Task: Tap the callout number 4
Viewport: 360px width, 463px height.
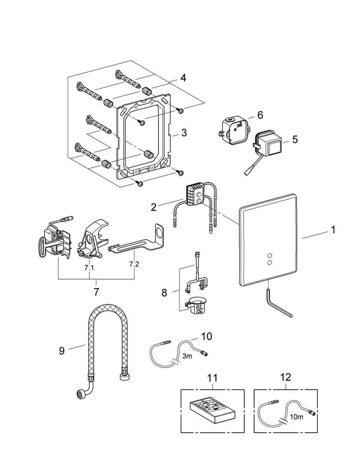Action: (x=183, y=78)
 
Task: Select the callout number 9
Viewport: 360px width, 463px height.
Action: (x=62, y=351)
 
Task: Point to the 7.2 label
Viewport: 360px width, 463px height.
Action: (x=134, y=264)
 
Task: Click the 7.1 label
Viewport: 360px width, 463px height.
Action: (x=89, y=268)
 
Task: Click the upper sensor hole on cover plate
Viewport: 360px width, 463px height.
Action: (x=269, y=256)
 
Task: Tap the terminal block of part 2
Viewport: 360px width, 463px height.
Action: (x=195, y=195)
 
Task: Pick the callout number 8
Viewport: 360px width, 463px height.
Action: (x=164, y=293)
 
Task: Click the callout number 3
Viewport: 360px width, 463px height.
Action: (x=184, y=132)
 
